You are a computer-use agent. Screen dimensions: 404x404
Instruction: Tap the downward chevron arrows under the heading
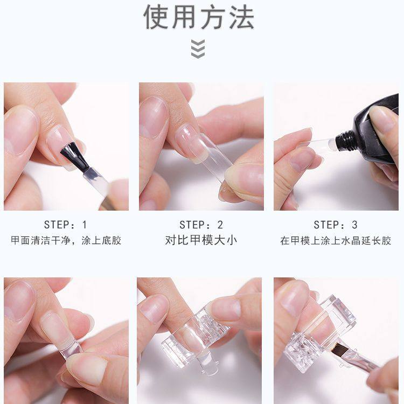pos(198,49)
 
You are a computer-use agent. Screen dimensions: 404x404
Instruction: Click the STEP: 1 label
pos(65,225)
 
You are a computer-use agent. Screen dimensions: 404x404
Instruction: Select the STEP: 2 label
pos(201,225)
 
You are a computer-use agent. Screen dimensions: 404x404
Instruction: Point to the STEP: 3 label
pos(336,225)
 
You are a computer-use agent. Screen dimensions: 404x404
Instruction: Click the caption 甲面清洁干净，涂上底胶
pos(66,240)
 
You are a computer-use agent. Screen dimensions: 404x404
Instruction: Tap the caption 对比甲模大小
pos(201,240)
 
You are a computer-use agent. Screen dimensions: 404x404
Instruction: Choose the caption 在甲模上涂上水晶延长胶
pos(336,240)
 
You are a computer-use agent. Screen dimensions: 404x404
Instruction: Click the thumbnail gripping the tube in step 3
pos(384,120)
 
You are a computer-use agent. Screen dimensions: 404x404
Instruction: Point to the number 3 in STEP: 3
pos(354,225)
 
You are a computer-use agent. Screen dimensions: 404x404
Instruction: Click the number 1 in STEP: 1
pos(83,225)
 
